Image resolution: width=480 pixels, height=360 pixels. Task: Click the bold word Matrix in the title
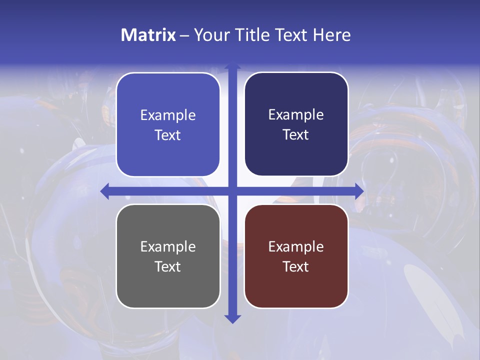(148, 35)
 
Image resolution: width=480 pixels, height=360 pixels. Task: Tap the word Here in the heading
(332, 35)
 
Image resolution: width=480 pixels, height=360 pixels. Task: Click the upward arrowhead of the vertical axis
(232, 66)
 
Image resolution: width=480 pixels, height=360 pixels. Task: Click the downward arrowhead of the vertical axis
(232, 318)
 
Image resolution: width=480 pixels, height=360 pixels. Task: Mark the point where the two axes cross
(232, 191)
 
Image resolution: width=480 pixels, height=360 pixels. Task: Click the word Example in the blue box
(168, 115)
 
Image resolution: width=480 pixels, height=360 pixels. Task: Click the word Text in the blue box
(168, 135)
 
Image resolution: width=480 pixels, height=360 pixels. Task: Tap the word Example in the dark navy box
(296, 115)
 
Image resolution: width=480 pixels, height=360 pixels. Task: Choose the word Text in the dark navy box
(296, 134)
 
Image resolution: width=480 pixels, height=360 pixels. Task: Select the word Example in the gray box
(168, 247)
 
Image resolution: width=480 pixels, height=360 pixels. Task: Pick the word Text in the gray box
(168, 266)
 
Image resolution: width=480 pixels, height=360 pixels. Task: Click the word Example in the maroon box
(296, 247)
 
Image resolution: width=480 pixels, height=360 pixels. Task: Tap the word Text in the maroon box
(296, 266)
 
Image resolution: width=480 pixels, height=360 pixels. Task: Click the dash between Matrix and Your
(184, 35)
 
